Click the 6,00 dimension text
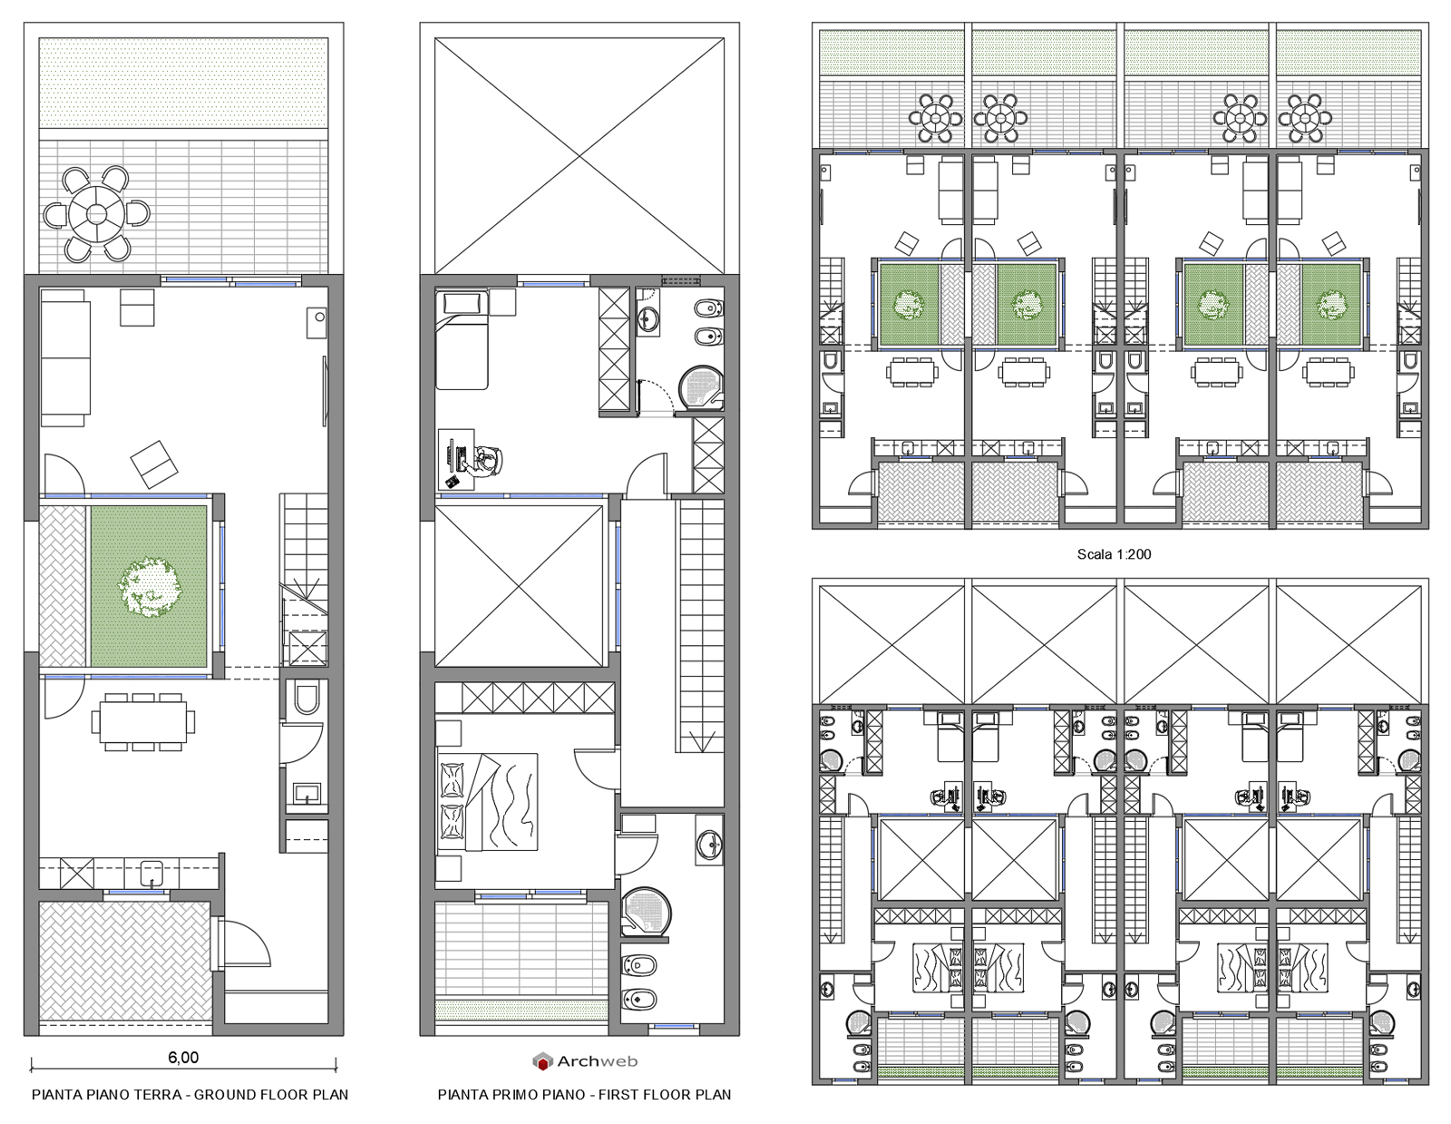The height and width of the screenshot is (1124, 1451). pyautogui.click(x=183, y=1057)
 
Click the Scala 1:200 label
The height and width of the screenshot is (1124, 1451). pyautogui.click(x=1114, y=554)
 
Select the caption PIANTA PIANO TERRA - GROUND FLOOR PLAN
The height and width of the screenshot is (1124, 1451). pyautogui.click(x=190, y=1094)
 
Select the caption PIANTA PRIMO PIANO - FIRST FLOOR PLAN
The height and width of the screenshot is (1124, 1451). pyautogui.click(x=584, y=1094)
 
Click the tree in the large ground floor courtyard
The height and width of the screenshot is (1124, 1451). pyautogui.click(x=151, y=588)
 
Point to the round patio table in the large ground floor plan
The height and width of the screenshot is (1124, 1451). pyautogui.click(x=96, y=214)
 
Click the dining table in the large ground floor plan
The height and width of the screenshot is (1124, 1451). pyautogui.click(x=142, y=722)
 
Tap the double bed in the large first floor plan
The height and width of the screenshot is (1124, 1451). pyautogui.click(x=488, y=801)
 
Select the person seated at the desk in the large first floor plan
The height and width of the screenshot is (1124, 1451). pyautogui.click(x=486, y=460)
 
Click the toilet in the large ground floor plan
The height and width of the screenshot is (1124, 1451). pyautogui.click(x=307, y=698)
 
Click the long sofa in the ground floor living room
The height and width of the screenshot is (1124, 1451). pyautogui.click(x=64, y=358)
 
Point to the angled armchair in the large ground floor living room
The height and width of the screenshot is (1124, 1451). pyautogui.click(x=155, y=464)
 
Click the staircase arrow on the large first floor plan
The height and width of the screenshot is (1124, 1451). pyautogui.click(x=701, y=741)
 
